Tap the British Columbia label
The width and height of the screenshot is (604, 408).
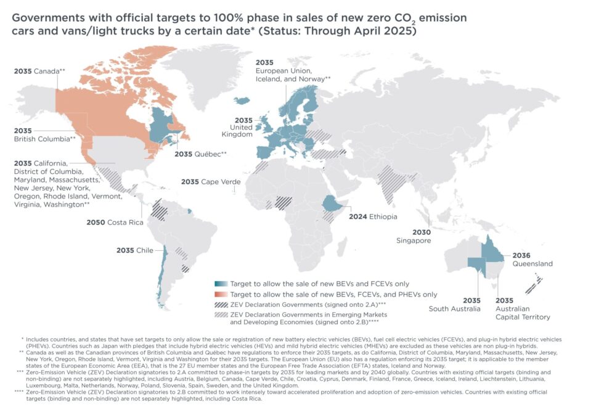coord(44,135)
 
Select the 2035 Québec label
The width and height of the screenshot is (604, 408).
coord(201,153)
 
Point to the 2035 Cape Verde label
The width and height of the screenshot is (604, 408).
coord(208,182)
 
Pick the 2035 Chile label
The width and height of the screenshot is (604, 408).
coord(134,250)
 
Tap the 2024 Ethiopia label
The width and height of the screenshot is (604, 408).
coord(373,216)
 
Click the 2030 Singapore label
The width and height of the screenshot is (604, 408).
coord(413,236)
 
